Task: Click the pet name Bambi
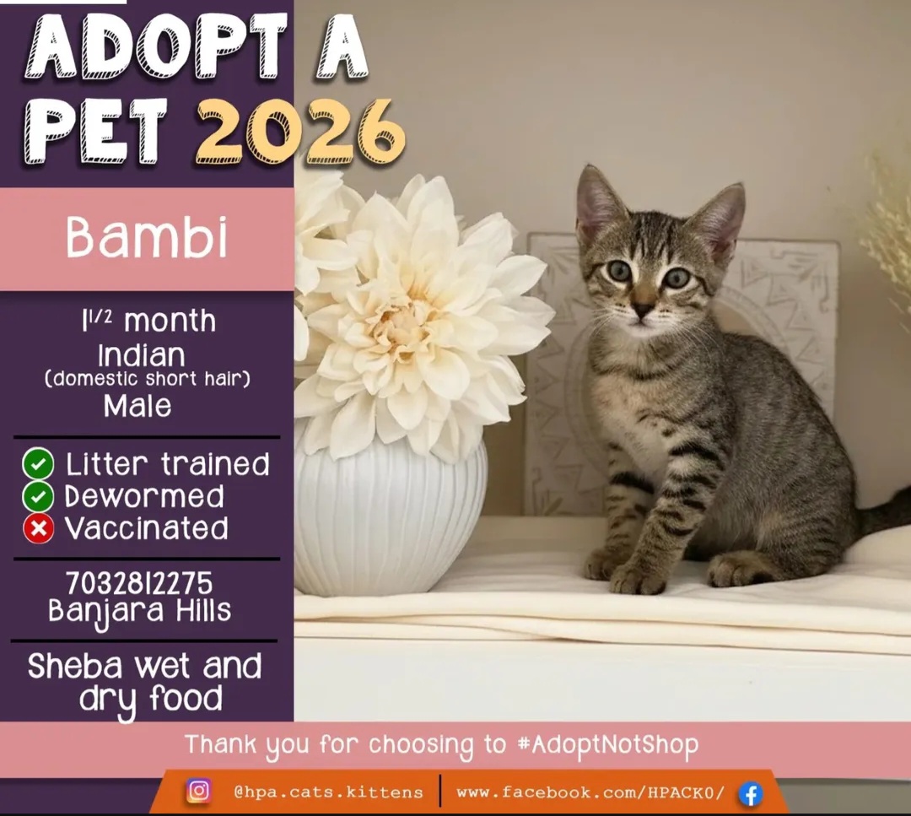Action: pyautogui.click(x=147, y=238)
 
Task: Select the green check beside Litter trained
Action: pyautogui.click(x=38, y=464)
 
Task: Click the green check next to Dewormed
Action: pyautogui.click(x=38, y=496)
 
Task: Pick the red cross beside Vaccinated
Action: pyautogui.click(x=38, y=528)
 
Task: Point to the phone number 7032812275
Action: pyautogui.click(x=139, y=583)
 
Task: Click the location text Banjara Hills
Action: pyautogui.click(x=139, y=611)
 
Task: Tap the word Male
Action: pyautogui.click(x=137, y=406)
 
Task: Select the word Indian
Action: pyautogui.click(x=142, y=354)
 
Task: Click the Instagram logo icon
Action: pyautogui.click(x=198, y=791)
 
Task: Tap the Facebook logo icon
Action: pyautogui.click(x=750, y=793)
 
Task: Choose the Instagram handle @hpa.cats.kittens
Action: pyautogui.click(x=328, y=792)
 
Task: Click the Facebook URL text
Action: pyautogui.click(x=590, y=792)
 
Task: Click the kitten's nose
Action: pyautogui.click(x=644, y=309)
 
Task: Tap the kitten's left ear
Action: pyautogui.click(x=598, y=203)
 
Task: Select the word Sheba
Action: pyautogui.click(x=77, y=667)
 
